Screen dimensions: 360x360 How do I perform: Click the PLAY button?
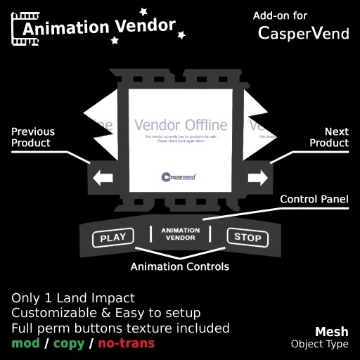point(113,238)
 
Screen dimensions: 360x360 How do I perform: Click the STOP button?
point(247,238)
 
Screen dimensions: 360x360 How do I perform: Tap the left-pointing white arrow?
point(103,179)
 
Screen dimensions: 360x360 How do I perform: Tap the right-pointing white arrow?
point(257,179)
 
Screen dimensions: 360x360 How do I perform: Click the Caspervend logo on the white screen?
point(179,177)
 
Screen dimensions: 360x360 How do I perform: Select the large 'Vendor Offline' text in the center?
point(181,125)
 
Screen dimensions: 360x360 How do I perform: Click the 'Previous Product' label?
point(33,137)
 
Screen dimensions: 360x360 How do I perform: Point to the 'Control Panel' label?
point(314,200)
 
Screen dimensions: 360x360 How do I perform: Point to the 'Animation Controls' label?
point(180,267)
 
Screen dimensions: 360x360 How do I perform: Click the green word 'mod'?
point(25,344)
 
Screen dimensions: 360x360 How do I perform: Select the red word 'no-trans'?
point(126,344)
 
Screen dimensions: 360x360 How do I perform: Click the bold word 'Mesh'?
point(331,331)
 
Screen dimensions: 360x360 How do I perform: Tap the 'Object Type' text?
point(319,345)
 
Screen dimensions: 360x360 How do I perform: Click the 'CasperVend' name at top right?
point(303,33)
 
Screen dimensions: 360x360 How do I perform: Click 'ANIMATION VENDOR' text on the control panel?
point(180,233)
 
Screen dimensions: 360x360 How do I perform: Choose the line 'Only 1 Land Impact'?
point(72,297)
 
